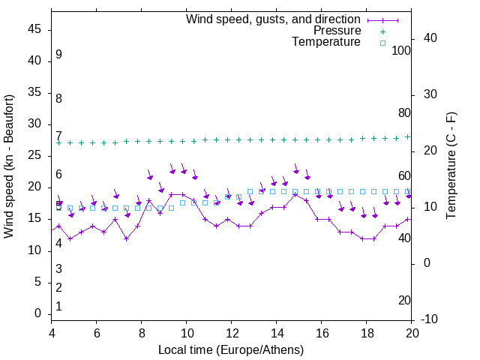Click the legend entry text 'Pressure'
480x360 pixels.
point(337,31)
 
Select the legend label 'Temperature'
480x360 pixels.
point(326,42)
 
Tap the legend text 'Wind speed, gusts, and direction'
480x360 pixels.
point(273,19)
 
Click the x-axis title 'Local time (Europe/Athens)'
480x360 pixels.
point(231,349)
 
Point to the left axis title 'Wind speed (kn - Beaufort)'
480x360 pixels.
point(9,166)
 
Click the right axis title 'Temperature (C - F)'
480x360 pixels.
point(451,166)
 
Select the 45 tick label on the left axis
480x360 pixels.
point(35,30)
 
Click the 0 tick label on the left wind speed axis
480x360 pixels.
point(38,313)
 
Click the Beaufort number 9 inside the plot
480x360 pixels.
point(58,55)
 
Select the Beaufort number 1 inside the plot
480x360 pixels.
point(58,307)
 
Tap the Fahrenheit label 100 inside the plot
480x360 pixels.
point(402,50)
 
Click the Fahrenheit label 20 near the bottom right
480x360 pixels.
point(404,301)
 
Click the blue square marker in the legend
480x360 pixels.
point(382,43)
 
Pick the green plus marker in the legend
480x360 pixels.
point(382,31)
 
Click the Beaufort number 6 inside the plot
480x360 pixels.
point(58,175)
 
